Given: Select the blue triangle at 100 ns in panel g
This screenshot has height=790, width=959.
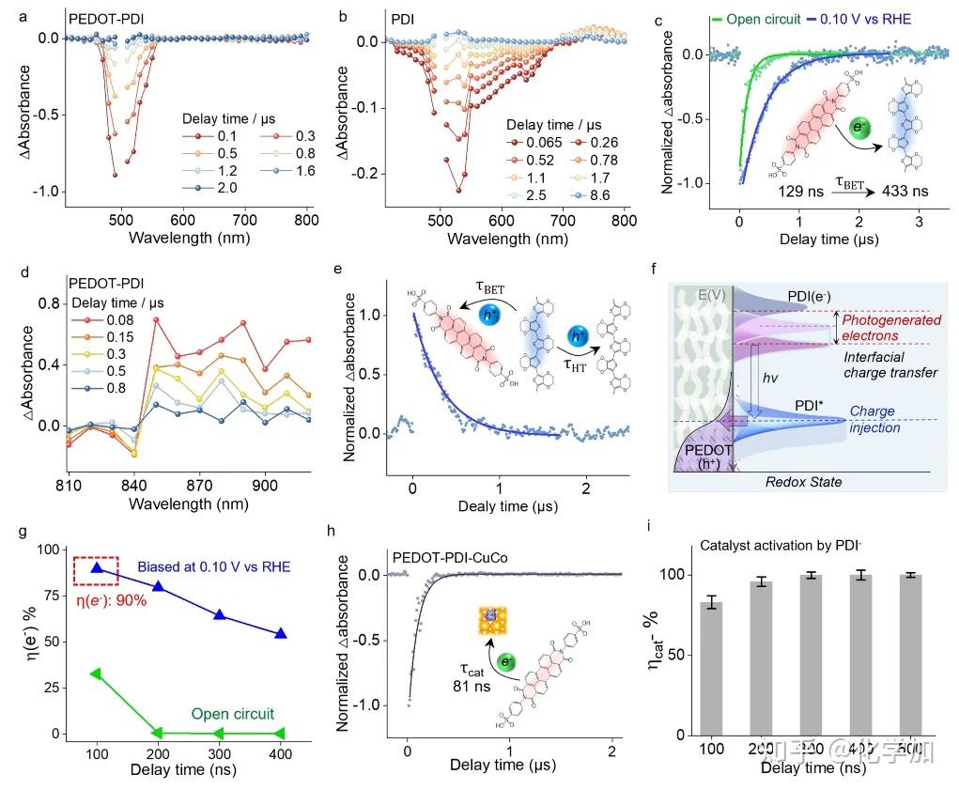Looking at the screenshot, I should tap(96, 567).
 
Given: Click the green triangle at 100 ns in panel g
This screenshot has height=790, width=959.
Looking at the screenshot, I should tap(96, 674).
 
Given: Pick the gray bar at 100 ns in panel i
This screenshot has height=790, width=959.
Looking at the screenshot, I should tap(713, 667).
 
